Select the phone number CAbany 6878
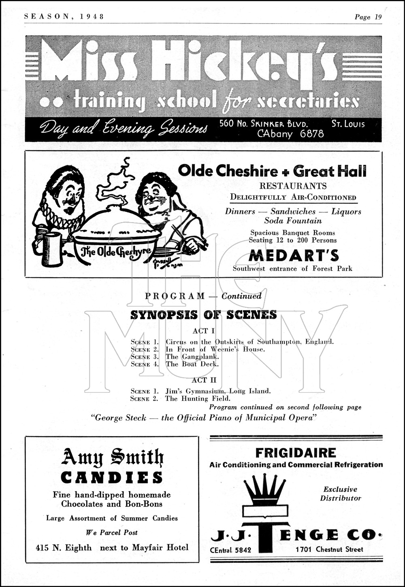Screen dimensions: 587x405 [291, 134]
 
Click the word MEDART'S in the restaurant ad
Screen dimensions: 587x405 [294, 256]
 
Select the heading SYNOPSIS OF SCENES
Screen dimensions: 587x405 [203, 315]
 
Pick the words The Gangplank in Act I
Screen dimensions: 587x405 [192, 357]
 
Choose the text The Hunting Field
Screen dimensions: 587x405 [198, 398]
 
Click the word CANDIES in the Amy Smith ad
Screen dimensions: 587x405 [112, 478]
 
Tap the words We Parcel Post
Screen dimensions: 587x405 [112, 533]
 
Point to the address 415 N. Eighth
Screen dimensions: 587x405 [64, 548]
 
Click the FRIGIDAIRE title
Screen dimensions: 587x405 [296, 452]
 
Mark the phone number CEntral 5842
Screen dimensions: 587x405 [230, 550]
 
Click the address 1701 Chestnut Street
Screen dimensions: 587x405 [329, 549]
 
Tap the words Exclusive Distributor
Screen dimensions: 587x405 [340, 494]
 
